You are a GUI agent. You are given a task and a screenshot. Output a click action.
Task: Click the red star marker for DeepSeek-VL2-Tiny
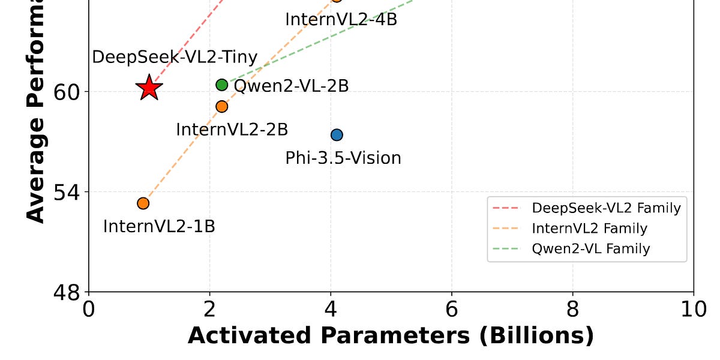pyautogui.click(x=149, y=88)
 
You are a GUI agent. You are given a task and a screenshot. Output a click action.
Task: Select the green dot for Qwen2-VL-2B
pyautogui.click(x=222, y=85)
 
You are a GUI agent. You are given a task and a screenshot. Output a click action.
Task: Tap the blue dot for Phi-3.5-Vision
pyautogui.click(x=337, y=134)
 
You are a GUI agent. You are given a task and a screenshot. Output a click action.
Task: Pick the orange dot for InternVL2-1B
pyautogui.click(x=143, y=203)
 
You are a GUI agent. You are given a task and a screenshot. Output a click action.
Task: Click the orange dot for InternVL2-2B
pyautogui.click(x=222, y=106)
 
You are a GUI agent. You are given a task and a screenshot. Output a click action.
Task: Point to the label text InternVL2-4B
pyautogui.click(x=341, y=19)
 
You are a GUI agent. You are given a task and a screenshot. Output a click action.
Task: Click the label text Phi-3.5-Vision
pyautogui.click(x=343, y=158)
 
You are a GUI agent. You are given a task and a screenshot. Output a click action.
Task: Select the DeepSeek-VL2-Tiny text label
pyautogui.click(x=175, y=58)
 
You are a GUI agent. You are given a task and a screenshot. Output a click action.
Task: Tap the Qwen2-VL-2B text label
pyautogui.click(x=291, y=86)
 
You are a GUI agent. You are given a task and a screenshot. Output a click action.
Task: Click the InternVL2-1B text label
pyautogui.click(x=159, y=226)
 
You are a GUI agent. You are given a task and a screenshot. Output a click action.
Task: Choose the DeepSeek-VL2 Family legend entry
pyautogui.click(x=606, y=208)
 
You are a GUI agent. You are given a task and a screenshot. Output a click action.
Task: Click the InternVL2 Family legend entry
pyautogui.click(x=589, y=229)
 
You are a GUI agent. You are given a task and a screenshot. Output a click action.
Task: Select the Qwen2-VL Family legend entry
pyautogui.click(x=590, y=248)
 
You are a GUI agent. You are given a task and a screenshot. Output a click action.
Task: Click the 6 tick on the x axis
pyautogui.click(x=452, y=310)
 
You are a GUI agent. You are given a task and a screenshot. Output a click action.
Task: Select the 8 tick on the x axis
pyautogui.click(x=572, y=310)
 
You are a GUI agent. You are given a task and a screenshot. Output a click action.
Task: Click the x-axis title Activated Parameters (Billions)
pyautogui.click(x=391, y=335)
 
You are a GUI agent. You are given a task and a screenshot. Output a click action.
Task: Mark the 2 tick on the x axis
pyautogui.click(x=209, y=310)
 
